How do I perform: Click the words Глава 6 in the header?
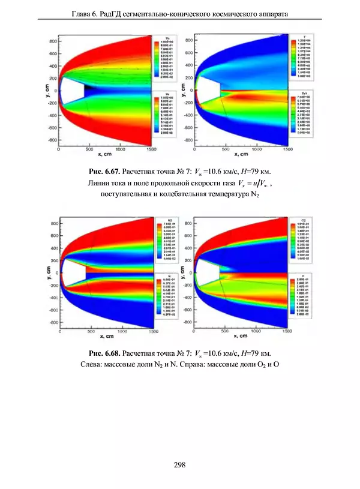pos(88,11)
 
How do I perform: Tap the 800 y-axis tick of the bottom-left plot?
pos(53,224)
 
